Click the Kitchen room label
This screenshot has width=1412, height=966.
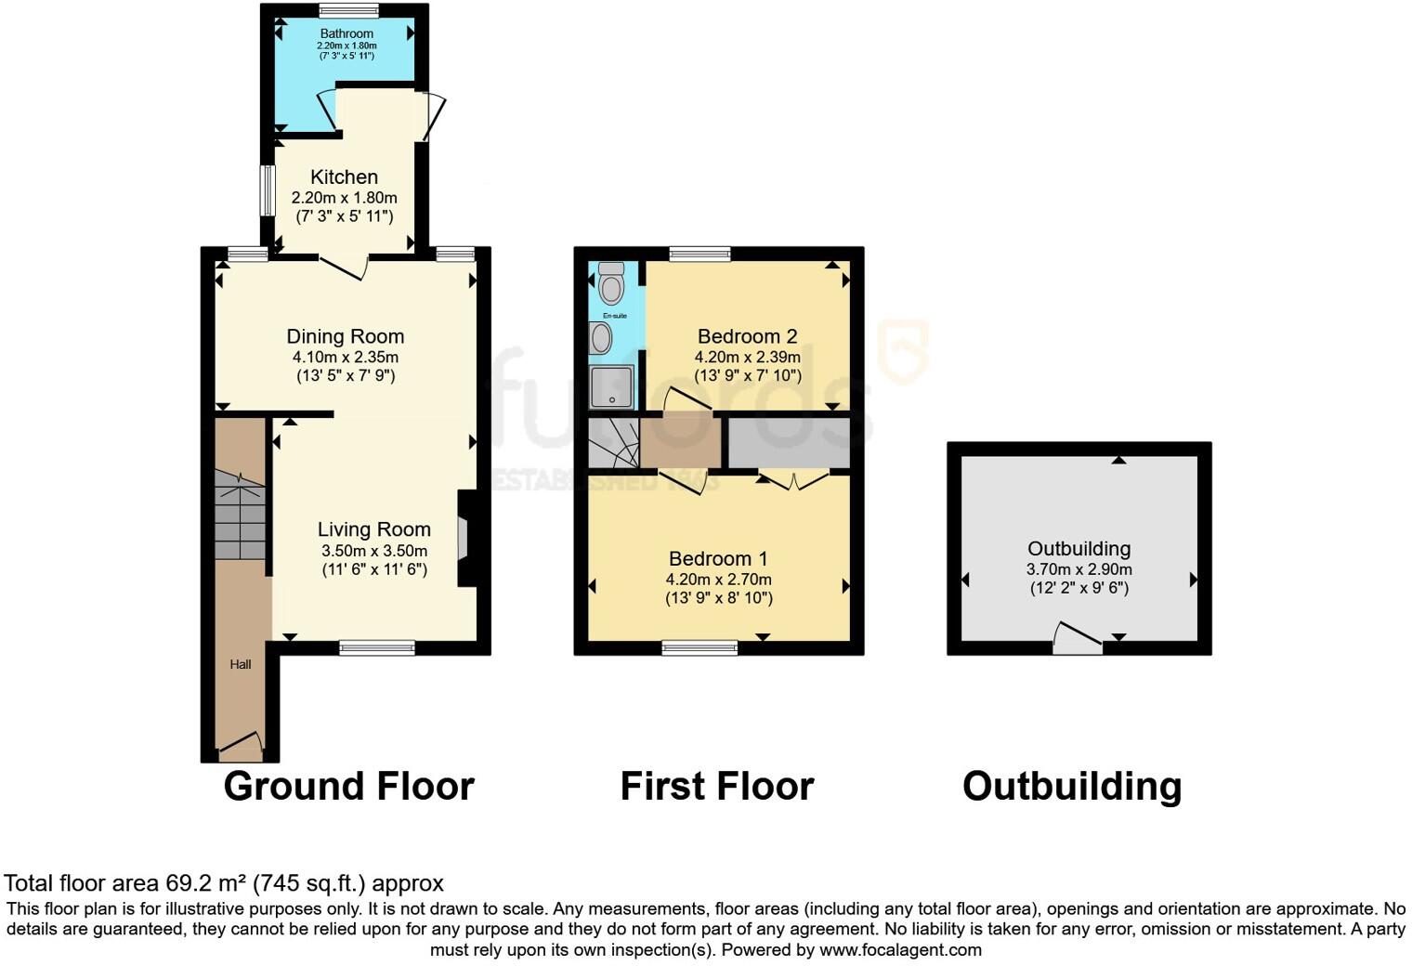click(x=344, y=177)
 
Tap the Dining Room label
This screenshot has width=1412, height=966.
click(x=345, y=336)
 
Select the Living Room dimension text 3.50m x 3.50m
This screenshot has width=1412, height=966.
click(x=374, y=550)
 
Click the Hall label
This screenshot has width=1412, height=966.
click(x=241, y=664)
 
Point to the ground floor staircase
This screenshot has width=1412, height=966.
click(x=241, y=516)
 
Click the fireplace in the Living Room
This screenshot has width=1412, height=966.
click(x=464, y=539)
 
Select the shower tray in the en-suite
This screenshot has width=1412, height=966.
click(x=612, y=386)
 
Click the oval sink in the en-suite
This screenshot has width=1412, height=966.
click(x=602, y=338)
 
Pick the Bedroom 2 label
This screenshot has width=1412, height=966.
click(x=747, y=336)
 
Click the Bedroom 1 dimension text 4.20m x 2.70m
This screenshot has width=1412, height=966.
click(x=718, y=579)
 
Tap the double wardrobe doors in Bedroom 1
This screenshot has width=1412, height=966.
click(x=792, y=480)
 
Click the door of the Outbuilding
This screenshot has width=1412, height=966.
click(x=1078, y=639)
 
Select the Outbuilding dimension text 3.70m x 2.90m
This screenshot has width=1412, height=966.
click(x=1079, y=569)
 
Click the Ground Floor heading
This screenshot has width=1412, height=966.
click(x=348, y=786)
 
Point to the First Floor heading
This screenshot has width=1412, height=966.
click(x=716, y=786)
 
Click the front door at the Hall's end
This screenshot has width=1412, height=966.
click(x=241, y=742)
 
